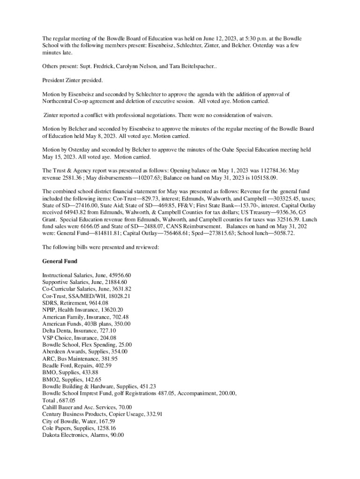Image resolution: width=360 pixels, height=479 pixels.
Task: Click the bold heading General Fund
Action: pyautogui.click(x=60, y=261)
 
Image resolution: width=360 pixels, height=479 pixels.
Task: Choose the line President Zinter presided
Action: pyautogui.click(x=72, y=80)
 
